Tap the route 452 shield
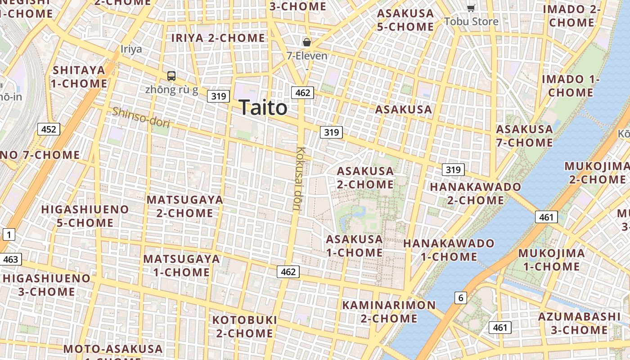[x=49, y=130]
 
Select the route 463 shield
[x=10, y=259]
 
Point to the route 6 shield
[x=460, y=297]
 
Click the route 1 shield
[x=9, y=234]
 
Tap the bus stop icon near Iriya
[x=171, y=76]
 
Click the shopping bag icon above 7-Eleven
[x=307, y=42]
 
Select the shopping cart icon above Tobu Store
[x=471, y=8]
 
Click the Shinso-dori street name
[x=141, y=117]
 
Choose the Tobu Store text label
[x=471, y=22]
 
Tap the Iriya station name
[x=131, y=49]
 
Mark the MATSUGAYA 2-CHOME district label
[x=185, y=206]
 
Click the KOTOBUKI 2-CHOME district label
[x=244, y=327]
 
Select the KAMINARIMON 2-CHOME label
[x=389, y=312]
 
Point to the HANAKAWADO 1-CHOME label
[x=449, y=250]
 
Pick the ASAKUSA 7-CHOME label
[x=524, y=136]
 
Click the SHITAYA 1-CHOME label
[x=79, y=77]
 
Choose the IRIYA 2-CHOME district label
[x=218, y=38]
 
